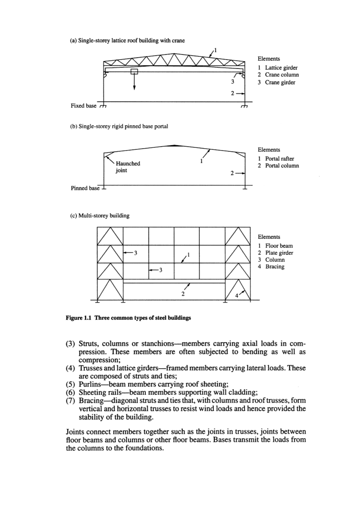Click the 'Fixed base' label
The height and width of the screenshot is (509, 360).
coord(83,105)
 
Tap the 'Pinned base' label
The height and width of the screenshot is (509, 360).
coord(85,188)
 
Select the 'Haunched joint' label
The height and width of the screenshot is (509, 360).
coord(128,167)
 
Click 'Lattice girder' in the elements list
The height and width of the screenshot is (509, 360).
coord(281,68)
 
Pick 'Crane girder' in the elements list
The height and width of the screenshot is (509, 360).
coord(280,82)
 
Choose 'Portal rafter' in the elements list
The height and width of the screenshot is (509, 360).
coord(280,159)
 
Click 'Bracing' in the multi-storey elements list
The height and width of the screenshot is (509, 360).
coord(274,267)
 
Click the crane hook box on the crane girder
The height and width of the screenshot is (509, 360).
coord(134,71)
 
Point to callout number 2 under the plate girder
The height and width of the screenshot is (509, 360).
coord(182,294)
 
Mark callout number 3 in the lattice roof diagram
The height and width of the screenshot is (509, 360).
coord(232,82)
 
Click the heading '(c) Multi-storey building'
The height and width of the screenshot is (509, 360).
coord(99,215)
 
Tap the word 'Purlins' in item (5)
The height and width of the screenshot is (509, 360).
coord(91,385)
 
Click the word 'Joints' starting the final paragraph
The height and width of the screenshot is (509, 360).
coord(76,431)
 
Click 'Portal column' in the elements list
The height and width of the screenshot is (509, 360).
coord(282,166)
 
